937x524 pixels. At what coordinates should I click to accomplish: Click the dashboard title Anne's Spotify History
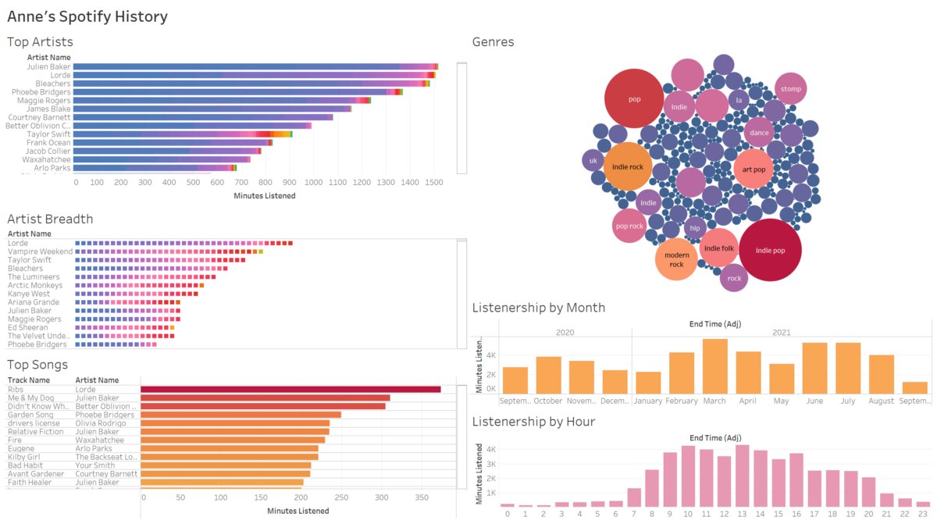[87, 16]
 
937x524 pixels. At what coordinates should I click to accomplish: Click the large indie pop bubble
[769, 250]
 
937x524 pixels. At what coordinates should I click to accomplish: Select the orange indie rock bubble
[628, 167]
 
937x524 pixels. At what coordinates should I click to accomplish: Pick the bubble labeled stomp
[790, 89]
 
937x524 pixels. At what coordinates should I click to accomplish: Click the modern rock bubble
[676, 259]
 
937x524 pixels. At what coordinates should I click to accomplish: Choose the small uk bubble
[593, 161]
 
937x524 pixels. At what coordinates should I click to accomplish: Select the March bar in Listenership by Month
[714, 366]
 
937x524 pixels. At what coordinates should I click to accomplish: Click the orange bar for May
[782, 379]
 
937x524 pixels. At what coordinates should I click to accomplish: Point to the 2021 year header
[781, 333]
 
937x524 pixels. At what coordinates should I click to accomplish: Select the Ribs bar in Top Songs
[290, 389]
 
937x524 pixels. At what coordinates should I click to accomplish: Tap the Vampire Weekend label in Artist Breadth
[40, 251]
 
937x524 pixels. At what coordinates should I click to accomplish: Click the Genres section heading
[493, 42]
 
